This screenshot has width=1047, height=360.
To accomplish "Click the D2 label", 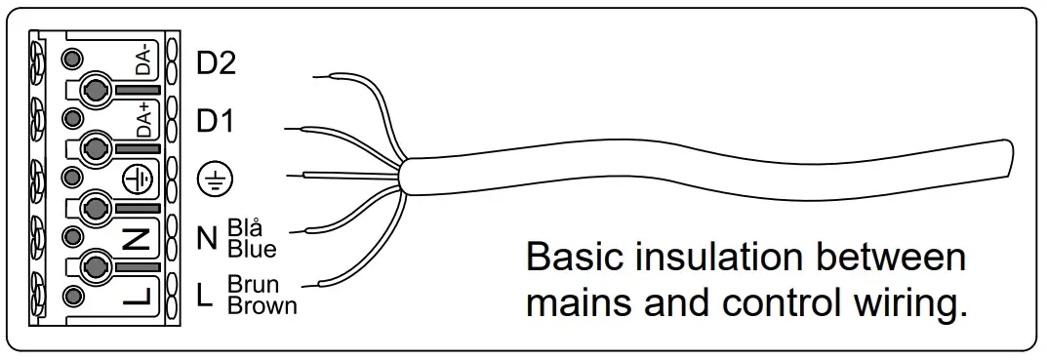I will pos(216,64).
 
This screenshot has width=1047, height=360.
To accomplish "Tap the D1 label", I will pos(215,124).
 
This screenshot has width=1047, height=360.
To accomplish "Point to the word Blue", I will pos(251,248).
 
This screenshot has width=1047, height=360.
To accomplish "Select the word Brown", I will pos(262,304).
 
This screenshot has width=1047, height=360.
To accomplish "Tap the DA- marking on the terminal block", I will pos(143,65).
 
